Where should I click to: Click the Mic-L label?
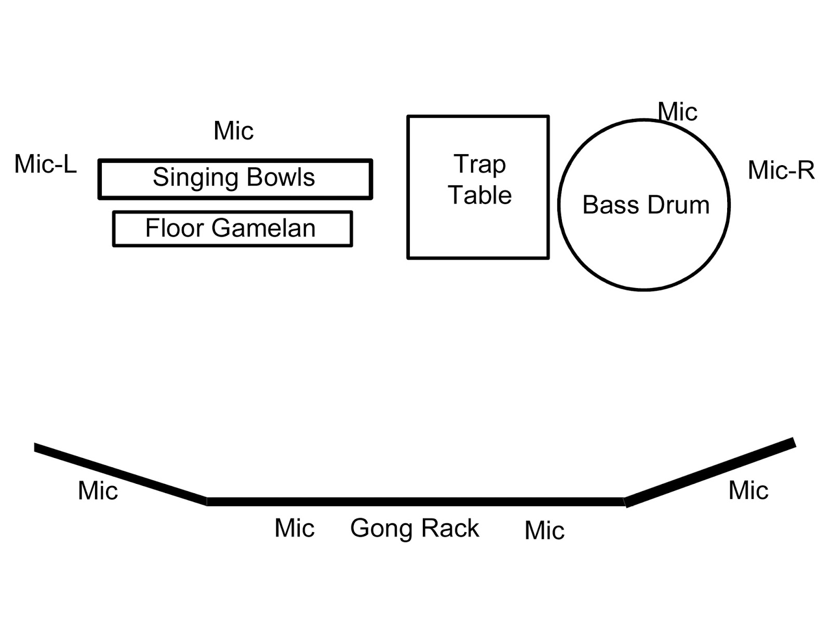tap(45, 164)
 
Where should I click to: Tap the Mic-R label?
tap(781, 170)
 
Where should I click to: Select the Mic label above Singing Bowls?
tap(234, 131)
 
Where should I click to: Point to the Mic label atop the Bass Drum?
tap(677, 112)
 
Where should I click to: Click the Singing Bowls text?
tap(234, 178)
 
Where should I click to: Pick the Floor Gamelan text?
tap(231, 228)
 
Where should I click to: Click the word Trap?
tap(479, 165)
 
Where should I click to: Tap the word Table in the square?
tap(480, 195)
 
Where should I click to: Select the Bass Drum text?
tap(646, 205)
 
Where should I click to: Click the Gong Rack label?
tap(414, 528)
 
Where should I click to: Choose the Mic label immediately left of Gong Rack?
tap(294, 528)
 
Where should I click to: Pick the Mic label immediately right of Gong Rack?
tap(544, 530)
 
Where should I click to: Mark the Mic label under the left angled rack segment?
tap(98, 490)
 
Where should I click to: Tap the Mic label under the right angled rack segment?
tap(748, 490)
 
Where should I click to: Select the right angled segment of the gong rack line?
tap(710, 472)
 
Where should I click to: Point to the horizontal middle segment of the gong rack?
tap(415, 502)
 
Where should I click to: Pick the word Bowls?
tap(281, 178)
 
